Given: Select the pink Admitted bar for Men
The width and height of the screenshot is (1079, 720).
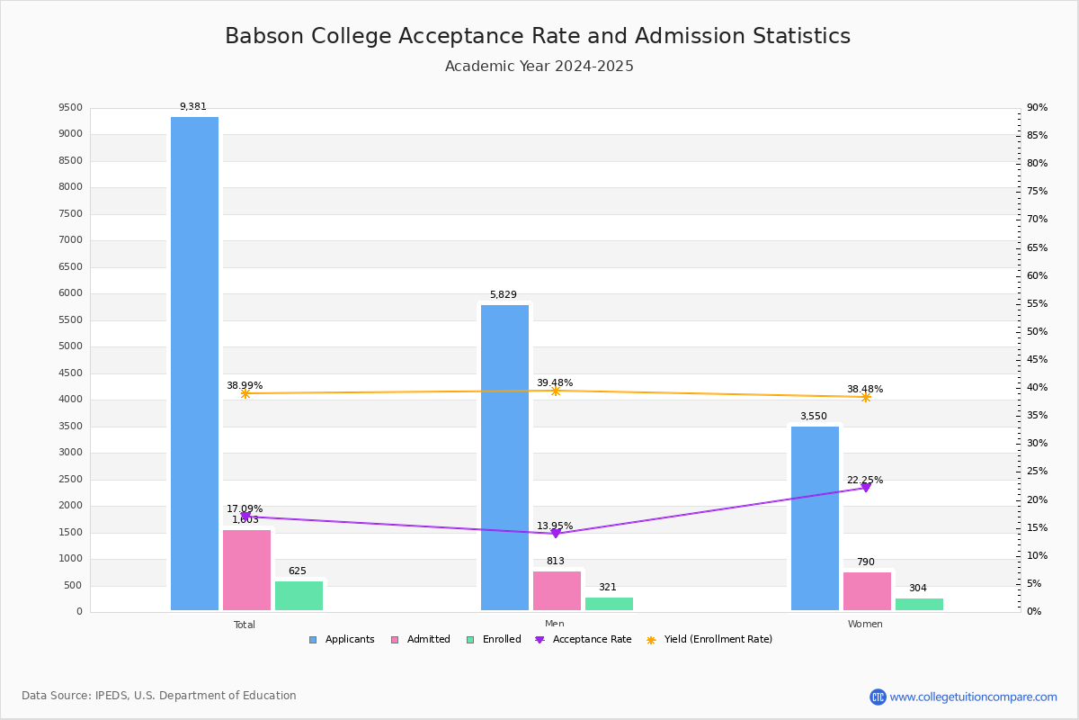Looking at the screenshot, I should coord(557,590).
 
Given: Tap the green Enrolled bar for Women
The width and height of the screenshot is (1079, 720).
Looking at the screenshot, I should coord(919,604).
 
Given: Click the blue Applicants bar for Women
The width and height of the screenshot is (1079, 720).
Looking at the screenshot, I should coord(815,518).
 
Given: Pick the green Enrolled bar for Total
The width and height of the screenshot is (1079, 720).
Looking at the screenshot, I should coord(299,596).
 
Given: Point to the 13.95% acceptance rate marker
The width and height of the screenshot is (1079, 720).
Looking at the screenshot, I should coord(556,533).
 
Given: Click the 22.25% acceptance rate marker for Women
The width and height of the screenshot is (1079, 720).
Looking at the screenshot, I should coord(866,487).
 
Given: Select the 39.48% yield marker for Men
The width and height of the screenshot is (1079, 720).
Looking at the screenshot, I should coord(556,391).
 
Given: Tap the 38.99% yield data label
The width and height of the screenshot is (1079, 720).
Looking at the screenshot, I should coord(245,385).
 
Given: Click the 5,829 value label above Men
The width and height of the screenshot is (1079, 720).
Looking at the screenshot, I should coord(504,295).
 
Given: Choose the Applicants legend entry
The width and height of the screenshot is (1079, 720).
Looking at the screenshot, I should coord(343,640).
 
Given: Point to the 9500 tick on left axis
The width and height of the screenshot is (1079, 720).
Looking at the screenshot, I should coord(71,108).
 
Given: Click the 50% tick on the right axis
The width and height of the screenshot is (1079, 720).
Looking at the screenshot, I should coord(1037,332).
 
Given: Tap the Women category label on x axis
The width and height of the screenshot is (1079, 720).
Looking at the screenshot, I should coord(865,625).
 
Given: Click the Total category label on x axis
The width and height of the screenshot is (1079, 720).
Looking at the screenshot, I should coord(245,625).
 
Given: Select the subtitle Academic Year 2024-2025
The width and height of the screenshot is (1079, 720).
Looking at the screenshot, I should coord(539,67).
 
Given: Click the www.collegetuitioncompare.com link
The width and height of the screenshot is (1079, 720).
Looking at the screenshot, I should coord(973,697).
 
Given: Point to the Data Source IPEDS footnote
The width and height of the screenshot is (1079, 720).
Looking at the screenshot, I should coord(159,696).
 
